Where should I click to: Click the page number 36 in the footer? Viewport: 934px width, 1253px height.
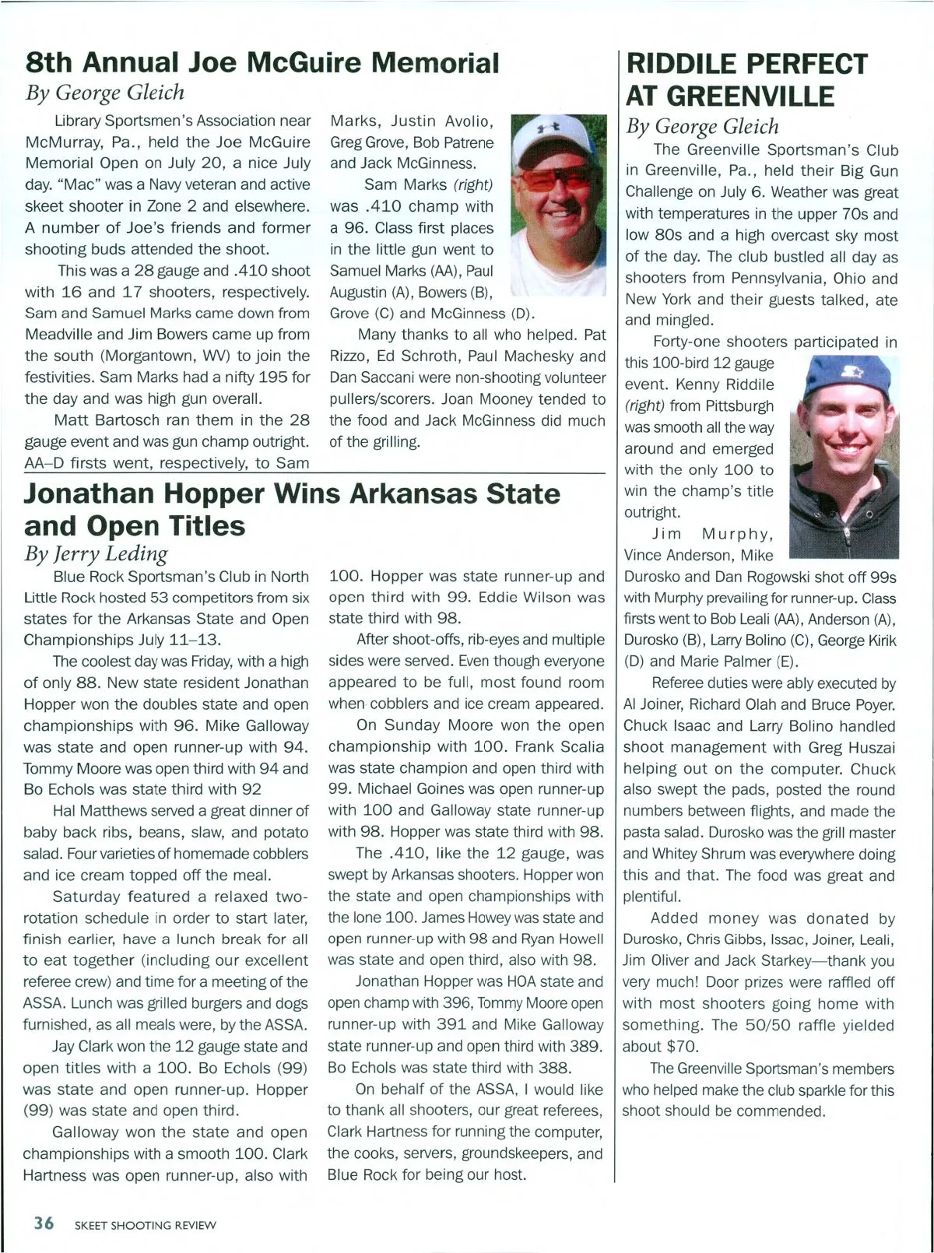[x=44, y=1223]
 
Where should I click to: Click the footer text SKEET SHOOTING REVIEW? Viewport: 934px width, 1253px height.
[x=146, y=1225]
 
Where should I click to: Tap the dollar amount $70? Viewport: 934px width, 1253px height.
[x=683, y=1047]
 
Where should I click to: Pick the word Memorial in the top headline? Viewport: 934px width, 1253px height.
[x=434, y=62]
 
